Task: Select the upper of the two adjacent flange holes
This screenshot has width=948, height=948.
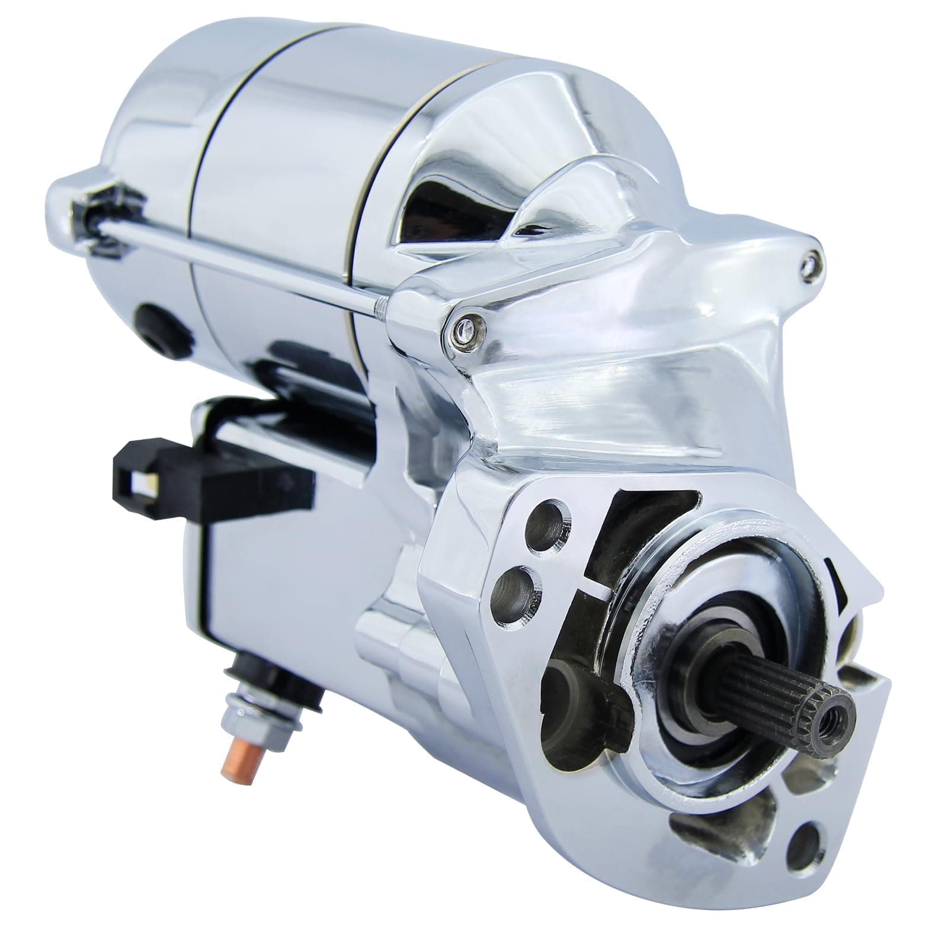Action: [545, 523]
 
